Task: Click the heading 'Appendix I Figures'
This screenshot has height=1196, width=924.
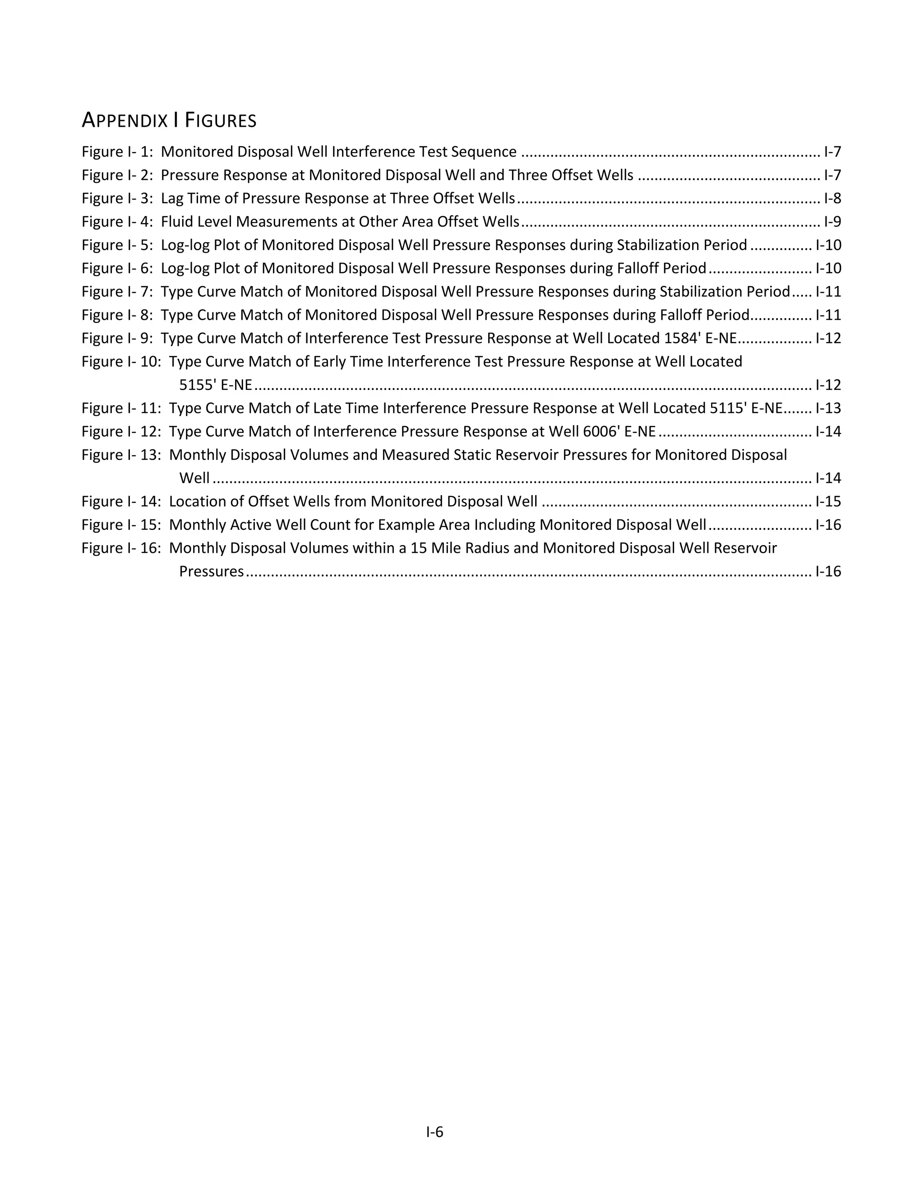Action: [x=169, y=120]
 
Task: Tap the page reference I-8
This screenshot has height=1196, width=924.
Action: [x=832, y=198]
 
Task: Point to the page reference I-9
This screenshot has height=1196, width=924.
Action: [x=832, y=222]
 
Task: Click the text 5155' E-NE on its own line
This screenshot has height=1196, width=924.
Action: [x=216, y=385]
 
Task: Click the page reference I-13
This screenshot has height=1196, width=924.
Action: [x=827, y=408]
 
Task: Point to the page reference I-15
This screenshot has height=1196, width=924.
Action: [x=827, y=501]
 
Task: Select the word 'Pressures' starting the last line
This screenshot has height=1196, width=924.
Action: [x=211, y=572]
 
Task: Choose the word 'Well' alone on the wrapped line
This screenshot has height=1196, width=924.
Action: [x=194, y=478]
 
